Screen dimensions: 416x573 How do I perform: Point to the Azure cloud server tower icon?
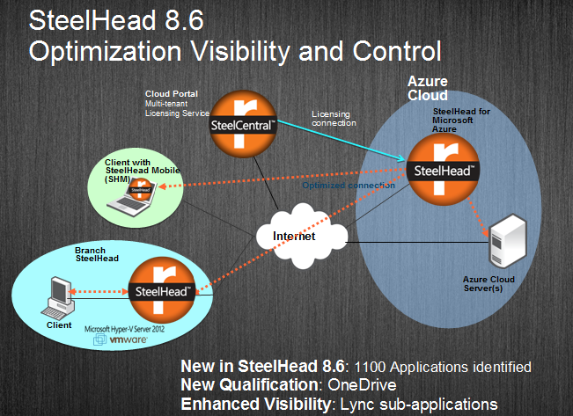point(507,241)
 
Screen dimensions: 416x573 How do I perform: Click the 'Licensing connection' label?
point(334,118)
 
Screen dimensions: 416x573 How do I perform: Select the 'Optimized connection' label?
point(349,186)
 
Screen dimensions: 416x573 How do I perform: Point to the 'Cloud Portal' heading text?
point(171,92)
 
